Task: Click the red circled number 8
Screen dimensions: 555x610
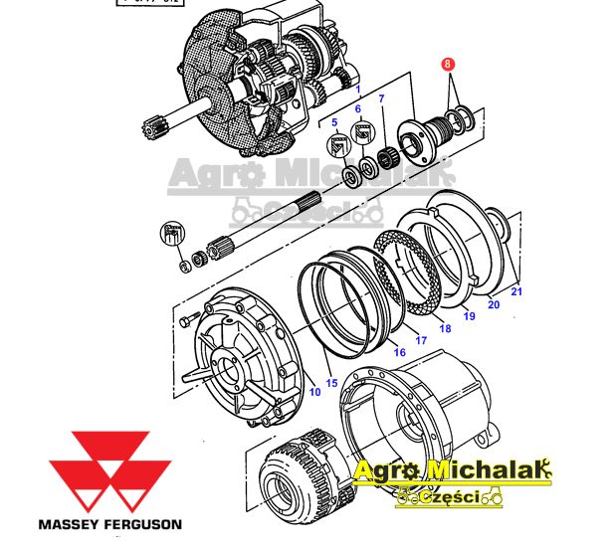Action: click(448, 63)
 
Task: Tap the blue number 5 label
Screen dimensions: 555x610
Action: click(335, 123)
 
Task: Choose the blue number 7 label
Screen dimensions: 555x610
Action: click(379, 97)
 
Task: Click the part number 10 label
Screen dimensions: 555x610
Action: click(314, 391)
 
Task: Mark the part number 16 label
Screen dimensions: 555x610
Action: click(399, 351)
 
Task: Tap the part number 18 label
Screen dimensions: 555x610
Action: click(445, 328)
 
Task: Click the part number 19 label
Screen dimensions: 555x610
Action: click(469, 315)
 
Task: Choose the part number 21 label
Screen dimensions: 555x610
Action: click(515, 290)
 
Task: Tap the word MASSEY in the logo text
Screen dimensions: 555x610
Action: click(75, 523)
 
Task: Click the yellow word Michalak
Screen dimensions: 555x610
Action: click(488, 469)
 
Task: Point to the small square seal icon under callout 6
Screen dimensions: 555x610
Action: click(362, 129)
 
